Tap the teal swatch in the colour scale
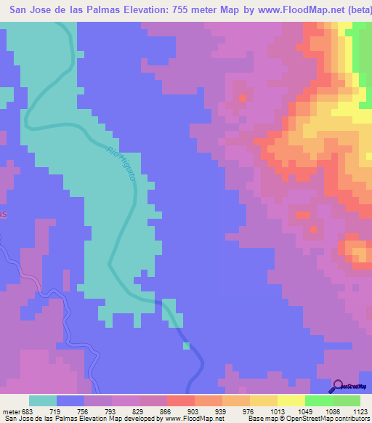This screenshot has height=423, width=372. [43, 400]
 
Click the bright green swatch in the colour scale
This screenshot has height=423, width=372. [319, 400]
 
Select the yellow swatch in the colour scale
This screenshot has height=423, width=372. [291, 400]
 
